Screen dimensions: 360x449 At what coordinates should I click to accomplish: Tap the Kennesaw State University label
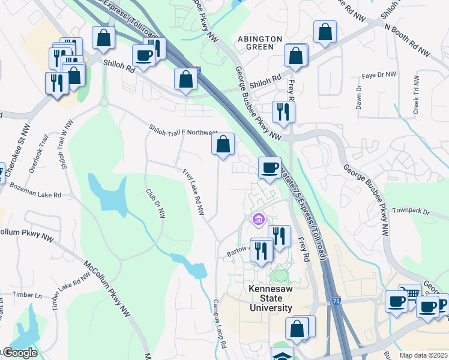[270, 298]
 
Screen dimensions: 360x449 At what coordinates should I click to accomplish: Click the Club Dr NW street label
[155, 204]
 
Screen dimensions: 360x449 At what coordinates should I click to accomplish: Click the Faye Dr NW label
[379, 75]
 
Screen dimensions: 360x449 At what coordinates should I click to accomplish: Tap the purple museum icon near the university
[259, 220]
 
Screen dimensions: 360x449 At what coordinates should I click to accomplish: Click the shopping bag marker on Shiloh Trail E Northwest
[223, 144]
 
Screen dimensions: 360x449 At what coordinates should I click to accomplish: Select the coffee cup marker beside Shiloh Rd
[144, 56]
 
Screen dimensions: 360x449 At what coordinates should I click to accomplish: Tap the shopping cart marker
[410, 294]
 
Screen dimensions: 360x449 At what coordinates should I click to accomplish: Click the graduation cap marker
[282, 355]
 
